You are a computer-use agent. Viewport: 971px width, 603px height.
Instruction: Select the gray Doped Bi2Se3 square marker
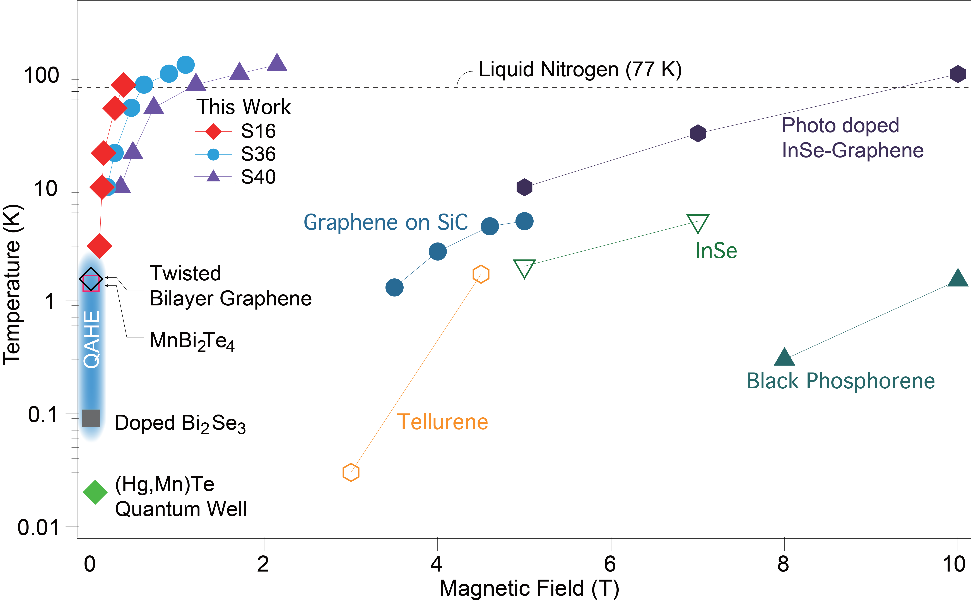(91, 418)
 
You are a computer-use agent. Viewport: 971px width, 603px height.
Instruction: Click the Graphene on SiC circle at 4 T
(438, 252)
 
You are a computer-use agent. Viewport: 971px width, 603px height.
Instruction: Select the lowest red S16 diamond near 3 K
(99, 246)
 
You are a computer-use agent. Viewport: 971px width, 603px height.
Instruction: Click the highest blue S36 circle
(185, 65)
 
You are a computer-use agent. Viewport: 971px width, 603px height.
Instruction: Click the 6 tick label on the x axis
(610, 564)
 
